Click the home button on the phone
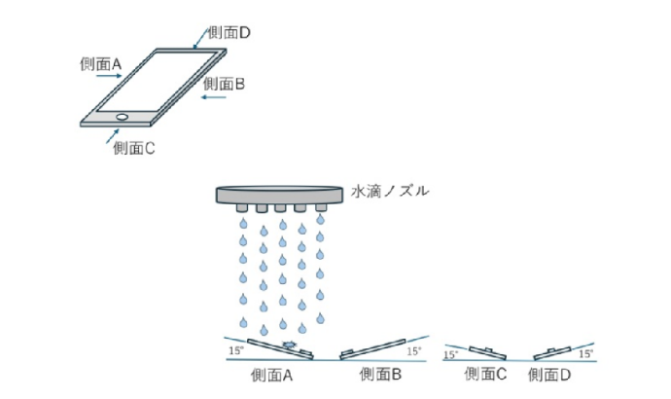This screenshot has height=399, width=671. click(x=123, y=118)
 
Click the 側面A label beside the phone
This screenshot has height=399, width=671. click(x=101, y=64)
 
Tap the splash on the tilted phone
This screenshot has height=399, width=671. click(x=289, y=345)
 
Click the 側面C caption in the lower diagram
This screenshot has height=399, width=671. click(x=485, y=375)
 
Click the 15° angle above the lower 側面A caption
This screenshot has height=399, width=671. click(x=235, y=349)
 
